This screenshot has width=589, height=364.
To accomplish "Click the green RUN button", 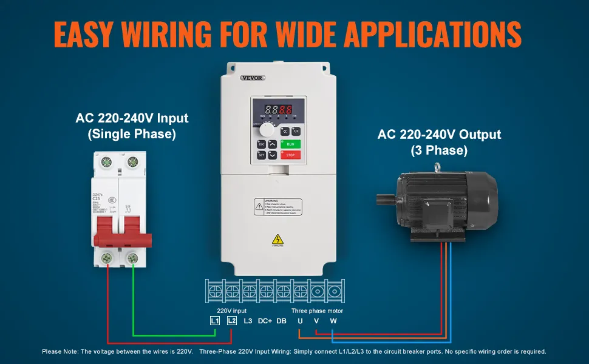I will click(291, 144).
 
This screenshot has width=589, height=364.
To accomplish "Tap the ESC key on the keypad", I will click(262, 144).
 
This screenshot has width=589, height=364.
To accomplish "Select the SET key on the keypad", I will click(262, 155).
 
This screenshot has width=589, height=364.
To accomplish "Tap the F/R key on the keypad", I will click(296, 130).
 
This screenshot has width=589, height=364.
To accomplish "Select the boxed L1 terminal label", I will click(214, 320).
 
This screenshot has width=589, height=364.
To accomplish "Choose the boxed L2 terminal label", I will click(231, 320).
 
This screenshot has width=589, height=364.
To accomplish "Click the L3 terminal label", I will click(248, 320).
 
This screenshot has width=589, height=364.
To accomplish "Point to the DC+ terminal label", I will click(265, 320).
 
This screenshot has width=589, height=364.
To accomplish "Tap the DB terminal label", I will click(281, 320).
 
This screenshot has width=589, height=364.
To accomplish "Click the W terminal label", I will click(333, 320).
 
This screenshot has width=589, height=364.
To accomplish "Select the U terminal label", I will click(299, 320).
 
